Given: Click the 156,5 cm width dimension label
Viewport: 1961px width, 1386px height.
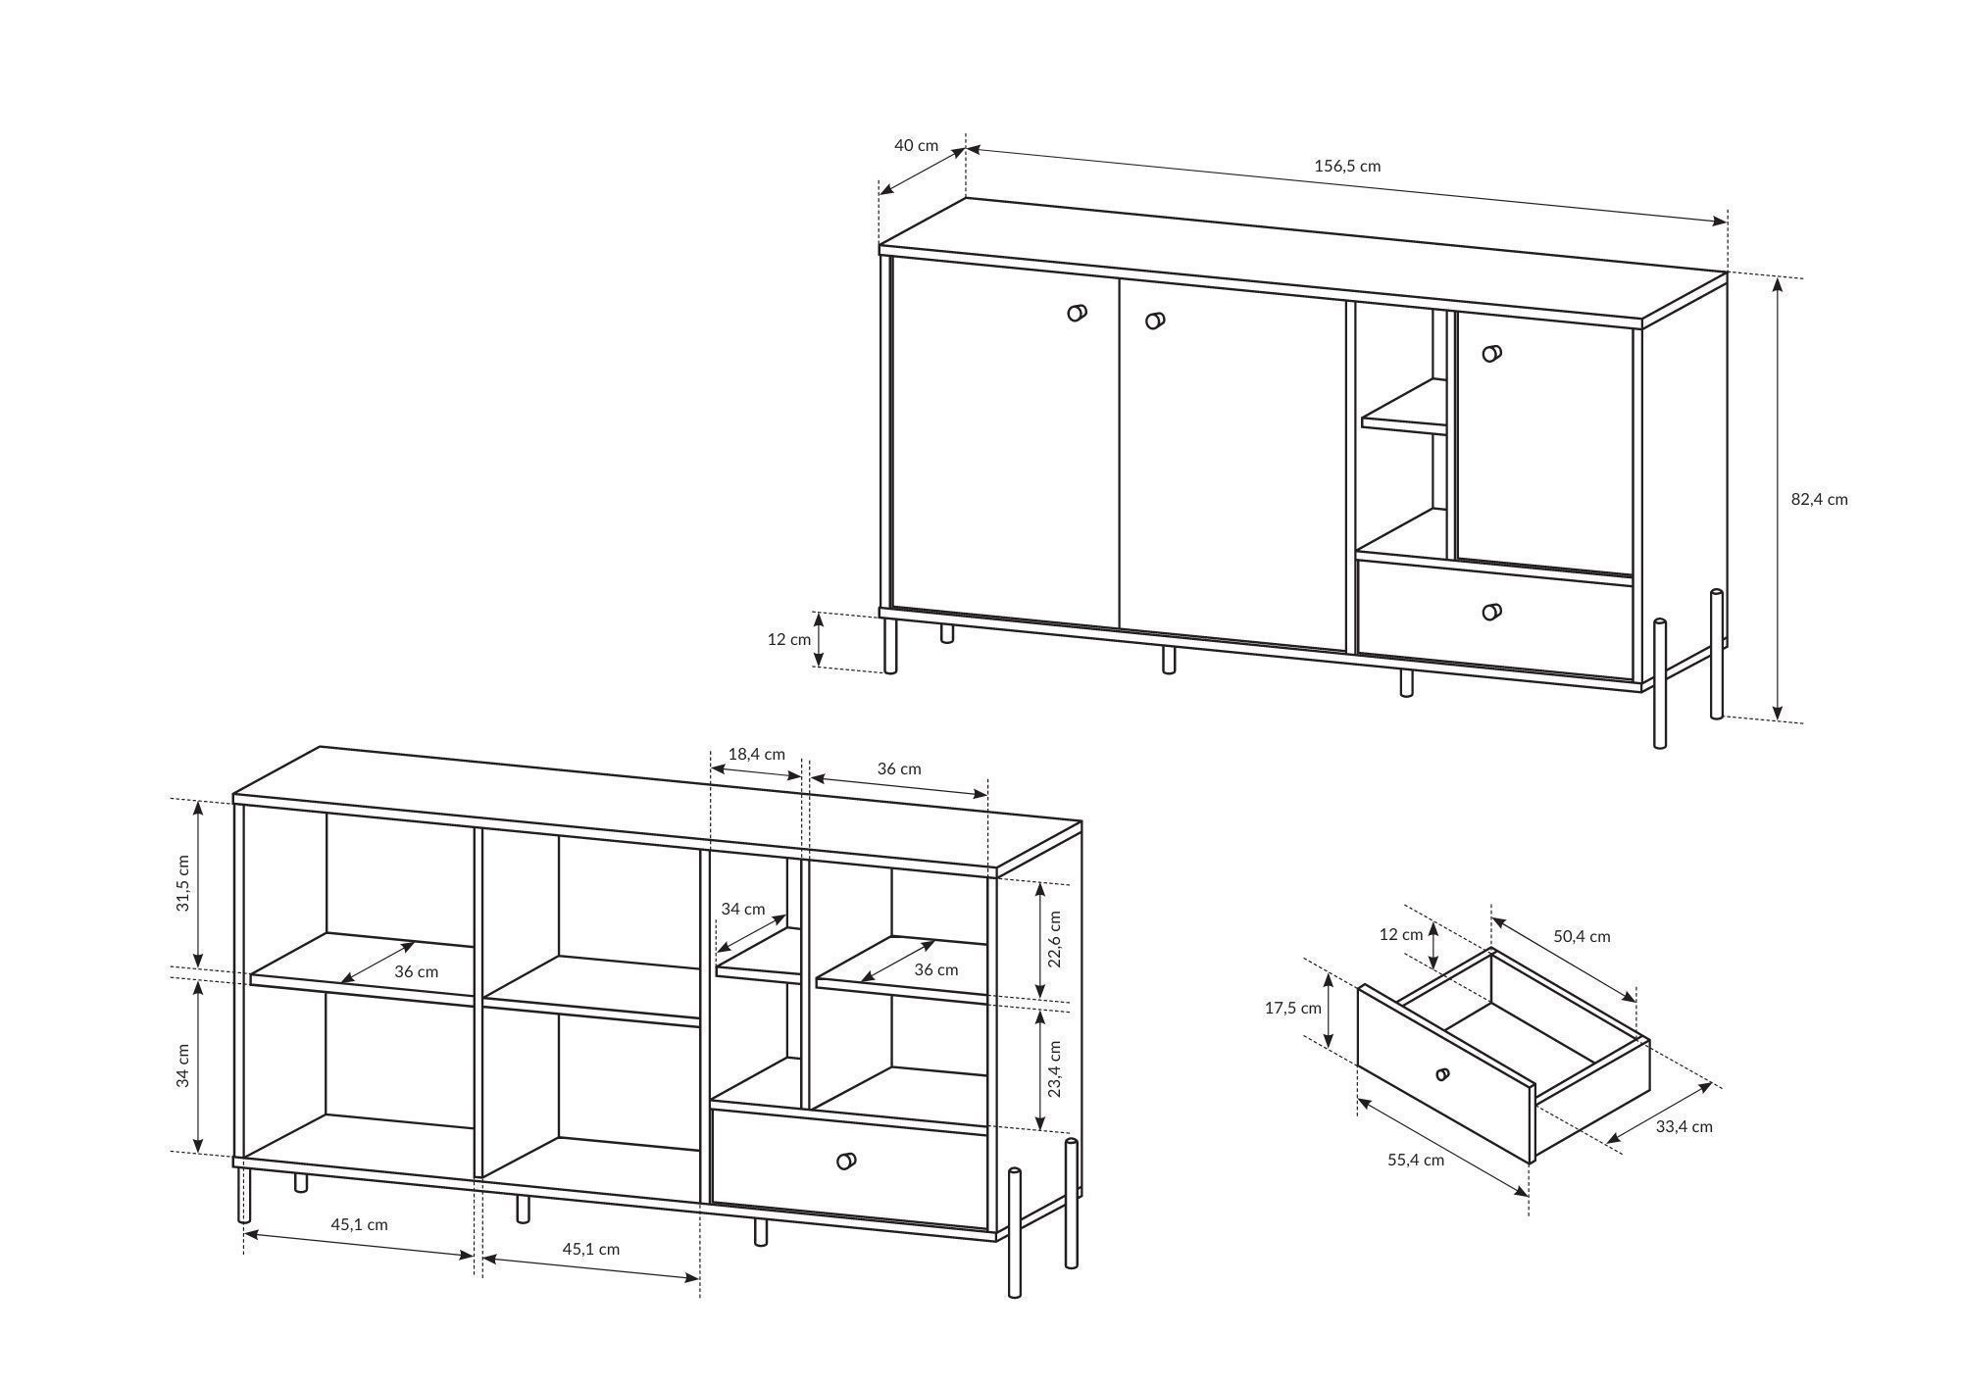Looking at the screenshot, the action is point(1347,166).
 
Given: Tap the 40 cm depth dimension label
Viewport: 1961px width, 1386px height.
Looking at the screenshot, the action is point(916,145).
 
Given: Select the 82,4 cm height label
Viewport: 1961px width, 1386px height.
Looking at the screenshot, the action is point(1820,499).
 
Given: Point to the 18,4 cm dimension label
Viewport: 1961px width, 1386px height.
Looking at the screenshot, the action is point(756,754).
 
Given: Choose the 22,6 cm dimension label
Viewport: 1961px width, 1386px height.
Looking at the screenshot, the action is point(1055,939).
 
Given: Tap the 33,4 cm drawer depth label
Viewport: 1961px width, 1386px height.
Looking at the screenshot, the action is point(1684,1126).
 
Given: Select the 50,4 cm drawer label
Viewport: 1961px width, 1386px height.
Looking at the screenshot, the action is point(1582,936).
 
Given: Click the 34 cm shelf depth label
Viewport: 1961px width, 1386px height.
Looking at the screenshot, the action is point(743,909).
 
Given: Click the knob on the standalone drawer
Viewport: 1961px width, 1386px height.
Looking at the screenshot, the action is point(1442,1074).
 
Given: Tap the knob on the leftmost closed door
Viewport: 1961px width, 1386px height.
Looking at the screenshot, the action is point(1077,313).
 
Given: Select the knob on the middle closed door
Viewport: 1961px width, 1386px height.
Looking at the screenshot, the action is point(1155,320).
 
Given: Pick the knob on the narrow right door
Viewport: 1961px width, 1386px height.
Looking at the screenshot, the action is point(1491,353).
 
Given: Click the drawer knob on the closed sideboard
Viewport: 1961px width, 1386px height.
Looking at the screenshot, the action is point(1491,612).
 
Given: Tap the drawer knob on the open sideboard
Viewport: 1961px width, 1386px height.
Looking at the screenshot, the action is point(846,1161).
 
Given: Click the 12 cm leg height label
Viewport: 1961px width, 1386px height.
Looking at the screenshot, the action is point(789,639).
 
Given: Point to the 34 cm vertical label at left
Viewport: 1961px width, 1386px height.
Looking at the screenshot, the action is point(182,1065).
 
